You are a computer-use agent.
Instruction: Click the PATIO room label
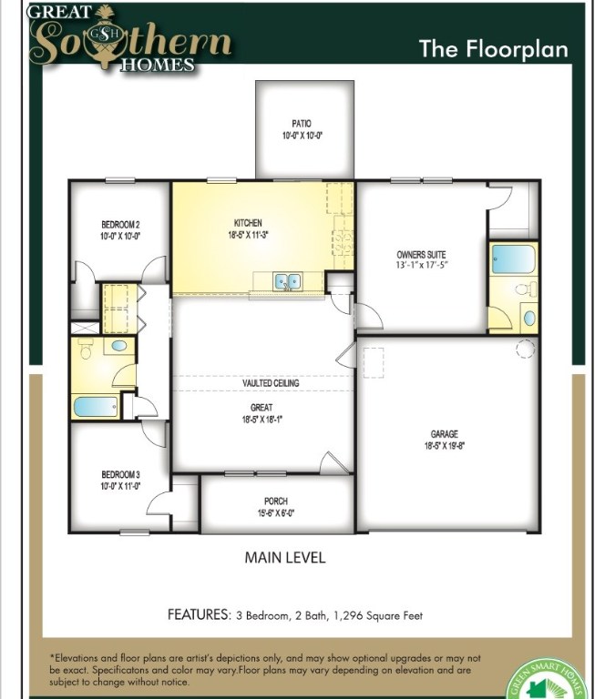pos(302,123)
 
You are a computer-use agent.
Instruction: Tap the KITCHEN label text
pos(247,222)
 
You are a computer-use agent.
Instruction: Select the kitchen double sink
pos(288,281)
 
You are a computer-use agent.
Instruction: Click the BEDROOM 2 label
pos(119,224)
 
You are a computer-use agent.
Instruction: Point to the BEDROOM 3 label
pos(119,474)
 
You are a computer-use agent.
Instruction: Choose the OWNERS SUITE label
pos(420,254)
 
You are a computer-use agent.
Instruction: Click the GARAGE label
pos(445,434)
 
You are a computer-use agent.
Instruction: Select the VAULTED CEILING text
pos(271,383)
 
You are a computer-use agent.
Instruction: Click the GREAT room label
pos(262,408)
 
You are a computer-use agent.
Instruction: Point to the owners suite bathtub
pos(513,258)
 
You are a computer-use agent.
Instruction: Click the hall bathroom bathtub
pos(94,406)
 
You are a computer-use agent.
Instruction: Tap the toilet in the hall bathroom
pos(87,348)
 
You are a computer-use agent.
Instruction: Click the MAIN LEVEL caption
pos(284,557)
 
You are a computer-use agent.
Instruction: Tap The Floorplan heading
pos(493,48)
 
